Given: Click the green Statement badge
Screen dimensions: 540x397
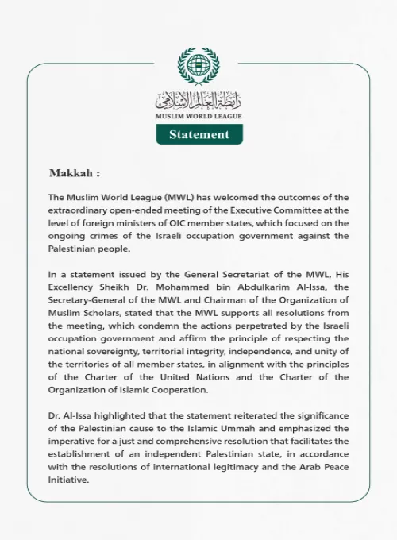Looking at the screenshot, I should (198, 134).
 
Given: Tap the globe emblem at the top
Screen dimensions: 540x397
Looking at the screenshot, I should (198, 67).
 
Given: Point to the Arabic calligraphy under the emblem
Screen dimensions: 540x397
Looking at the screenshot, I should (198, 100).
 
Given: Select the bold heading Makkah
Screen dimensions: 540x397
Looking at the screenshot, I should (74, 172).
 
